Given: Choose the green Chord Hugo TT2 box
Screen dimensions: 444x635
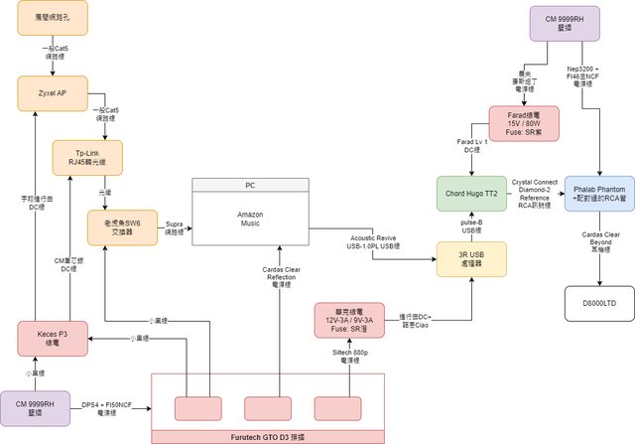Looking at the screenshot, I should (x=470, y=192).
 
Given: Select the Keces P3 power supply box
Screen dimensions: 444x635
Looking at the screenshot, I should (x=52, y=339).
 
